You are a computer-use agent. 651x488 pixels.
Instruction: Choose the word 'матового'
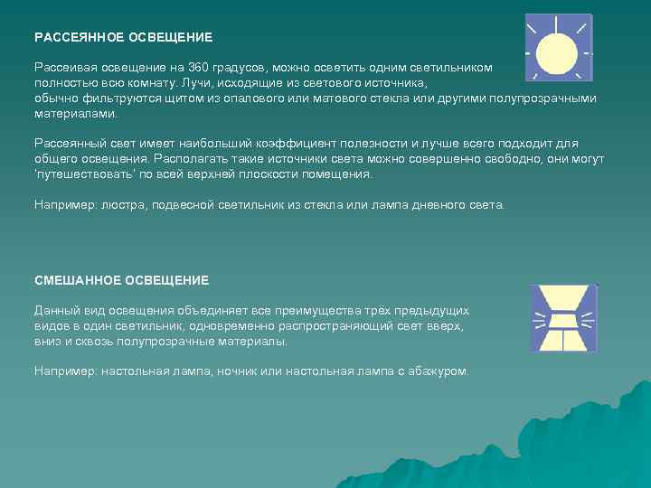pos(333,98)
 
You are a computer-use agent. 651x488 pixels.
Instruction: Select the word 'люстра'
pos(115,205)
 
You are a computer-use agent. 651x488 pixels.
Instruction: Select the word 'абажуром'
pos(439,371)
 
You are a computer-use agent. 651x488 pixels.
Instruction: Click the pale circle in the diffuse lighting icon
pos(556,53)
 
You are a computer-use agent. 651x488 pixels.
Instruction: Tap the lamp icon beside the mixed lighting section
pos(562,317)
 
